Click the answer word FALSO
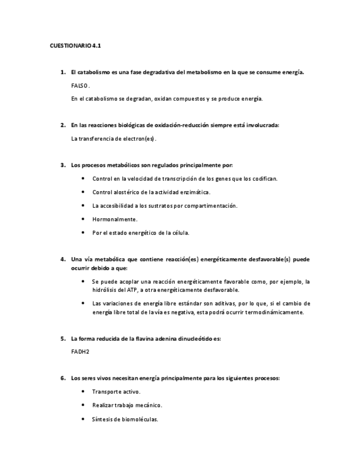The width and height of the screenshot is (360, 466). coord(80,86)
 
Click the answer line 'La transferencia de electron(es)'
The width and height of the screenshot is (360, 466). coord(114,138)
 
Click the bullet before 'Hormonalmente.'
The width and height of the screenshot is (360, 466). coord(82,219)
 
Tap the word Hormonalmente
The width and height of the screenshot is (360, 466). coord(115,219)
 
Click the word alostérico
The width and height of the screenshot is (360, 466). coord(129,192)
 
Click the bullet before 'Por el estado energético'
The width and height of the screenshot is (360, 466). coord(82,232)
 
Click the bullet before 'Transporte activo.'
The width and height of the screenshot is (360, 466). coord(82,391)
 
